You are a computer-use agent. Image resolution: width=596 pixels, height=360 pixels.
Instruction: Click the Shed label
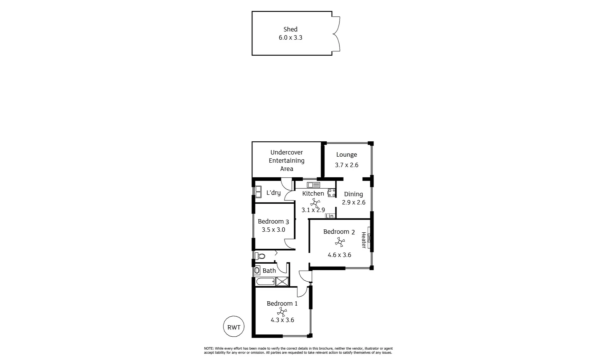coord(290,29)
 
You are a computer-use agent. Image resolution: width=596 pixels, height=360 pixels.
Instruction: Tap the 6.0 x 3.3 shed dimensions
coord(290,38)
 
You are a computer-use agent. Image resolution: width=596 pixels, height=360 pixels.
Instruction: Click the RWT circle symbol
coord(234,327)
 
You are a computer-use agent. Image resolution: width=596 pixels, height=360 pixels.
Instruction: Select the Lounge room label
coord(347,155)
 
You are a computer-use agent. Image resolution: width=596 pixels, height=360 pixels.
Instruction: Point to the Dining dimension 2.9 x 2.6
coord(354,202)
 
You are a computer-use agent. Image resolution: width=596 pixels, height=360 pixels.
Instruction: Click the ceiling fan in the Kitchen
coord(315,202)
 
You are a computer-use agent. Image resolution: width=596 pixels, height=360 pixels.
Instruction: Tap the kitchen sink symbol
coord(314,185)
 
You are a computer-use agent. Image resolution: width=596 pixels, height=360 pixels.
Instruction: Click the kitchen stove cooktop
coord(332,193)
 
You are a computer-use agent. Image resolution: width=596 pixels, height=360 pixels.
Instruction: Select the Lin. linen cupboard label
coord(330,216)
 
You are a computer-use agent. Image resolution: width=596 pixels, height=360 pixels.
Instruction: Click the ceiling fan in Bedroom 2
coord(340,242)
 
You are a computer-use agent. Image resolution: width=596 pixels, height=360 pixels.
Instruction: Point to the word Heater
coord(364,240)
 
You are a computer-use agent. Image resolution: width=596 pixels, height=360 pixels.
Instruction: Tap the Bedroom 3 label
coord(273,222)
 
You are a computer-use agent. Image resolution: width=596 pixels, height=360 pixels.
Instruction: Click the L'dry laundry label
coord(273,193)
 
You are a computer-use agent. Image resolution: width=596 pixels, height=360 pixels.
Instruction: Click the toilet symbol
coord(260,256)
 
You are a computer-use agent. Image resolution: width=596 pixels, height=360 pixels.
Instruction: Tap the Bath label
coord(269,271)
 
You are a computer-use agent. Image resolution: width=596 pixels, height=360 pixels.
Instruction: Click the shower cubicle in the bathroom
coord(282,281)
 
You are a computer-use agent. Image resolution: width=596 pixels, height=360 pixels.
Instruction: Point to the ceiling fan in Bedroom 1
coord(282,312)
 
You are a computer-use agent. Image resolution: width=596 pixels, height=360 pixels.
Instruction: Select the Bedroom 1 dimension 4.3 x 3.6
coord(282,320)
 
